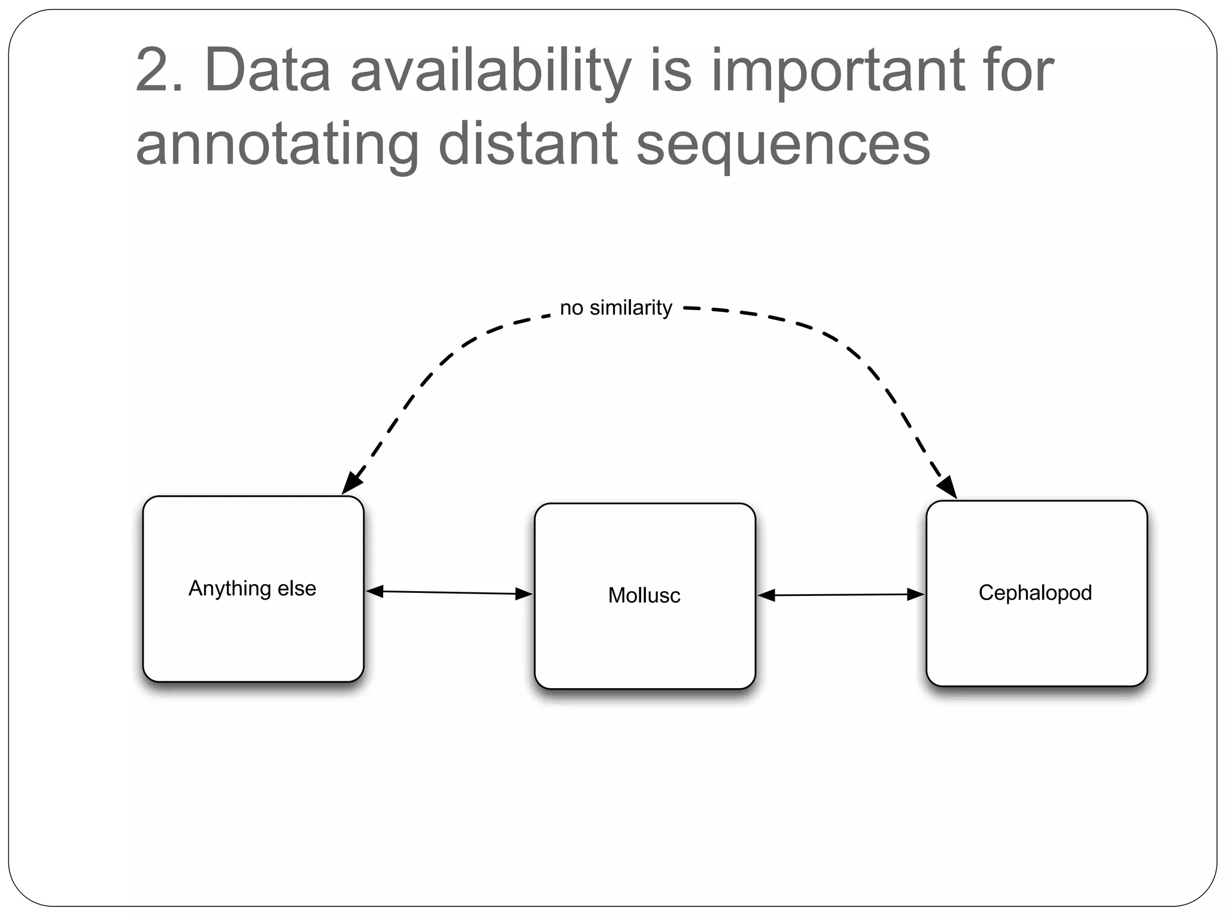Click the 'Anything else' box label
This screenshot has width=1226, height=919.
coord(252,588)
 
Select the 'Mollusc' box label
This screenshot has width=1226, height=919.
coord(644,595)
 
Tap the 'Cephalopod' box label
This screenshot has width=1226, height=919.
coord(1035,592)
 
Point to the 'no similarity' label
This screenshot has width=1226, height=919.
coord(616,308)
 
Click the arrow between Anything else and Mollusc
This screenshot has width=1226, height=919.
coord(449,592)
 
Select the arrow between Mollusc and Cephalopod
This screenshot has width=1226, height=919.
coord(841,595)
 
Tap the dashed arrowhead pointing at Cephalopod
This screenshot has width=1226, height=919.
coord(947,486)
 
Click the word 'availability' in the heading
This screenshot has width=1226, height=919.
coord(491,72)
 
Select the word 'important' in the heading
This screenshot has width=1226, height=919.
coord(836,72)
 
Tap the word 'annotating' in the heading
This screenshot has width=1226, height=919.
coord(277,145)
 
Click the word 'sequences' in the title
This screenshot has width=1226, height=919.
coord(783,145)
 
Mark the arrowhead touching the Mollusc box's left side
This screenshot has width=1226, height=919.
coord(524,594)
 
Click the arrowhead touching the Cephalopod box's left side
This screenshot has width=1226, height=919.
coord(915,594)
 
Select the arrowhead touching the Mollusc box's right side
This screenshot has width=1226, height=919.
coord(767,595)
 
